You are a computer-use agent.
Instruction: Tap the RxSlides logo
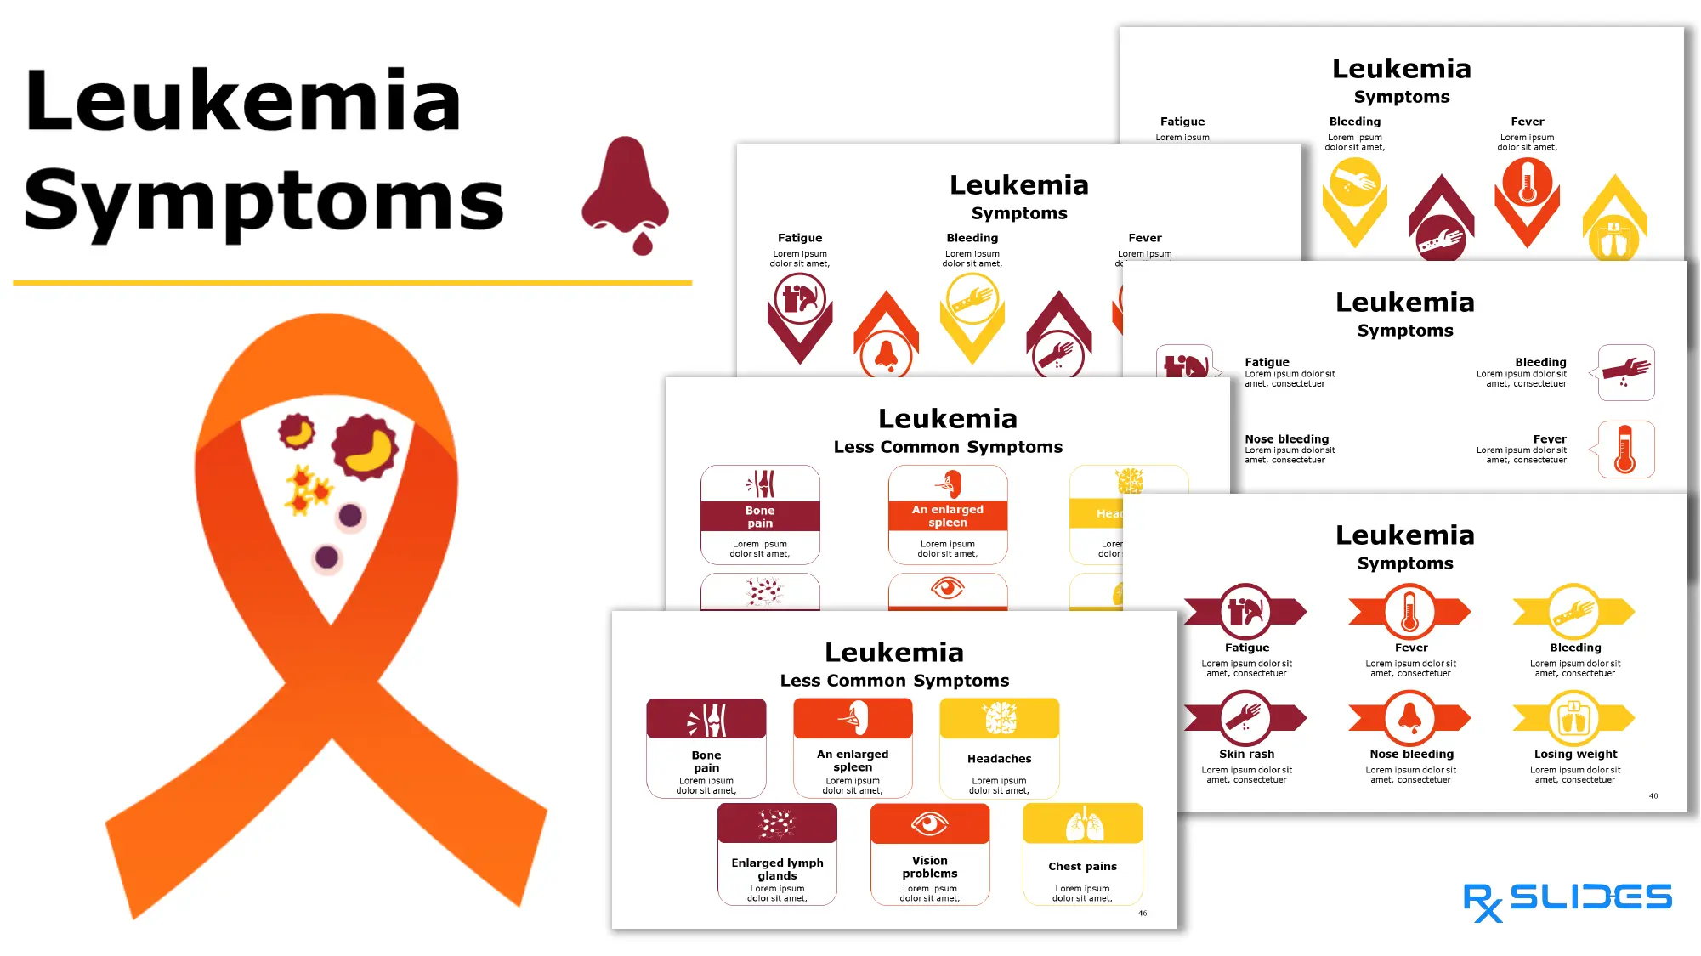[1567, 900]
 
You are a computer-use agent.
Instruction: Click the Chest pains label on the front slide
[1082, 866]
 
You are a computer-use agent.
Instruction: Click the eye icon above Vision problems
[929, 823]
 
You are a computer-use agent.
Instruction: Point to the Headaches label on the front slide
[999, 758]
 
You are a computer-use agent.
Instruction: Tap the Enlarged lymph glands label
[777, 868]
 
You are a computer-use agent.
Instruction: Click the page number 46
[1143, 913]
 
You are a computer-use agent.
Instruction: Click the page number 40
[1653, 795]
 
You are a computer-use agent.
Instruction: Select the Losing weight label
[1575, 754]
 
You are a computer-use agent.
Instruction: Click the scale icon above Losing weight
[1573, 718]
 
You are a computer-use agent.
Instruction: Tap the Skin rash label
[1246, 754]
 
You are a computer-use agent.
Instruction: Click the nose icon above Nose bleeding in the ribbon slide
[1410, 717]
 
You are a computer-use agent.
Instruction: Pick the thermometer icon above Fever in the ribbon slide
[1410, 611]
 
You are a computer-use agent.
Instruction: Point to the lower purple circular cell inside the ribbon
[326, 557]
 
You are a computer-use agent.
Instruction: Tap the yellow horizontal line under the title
[352, 282]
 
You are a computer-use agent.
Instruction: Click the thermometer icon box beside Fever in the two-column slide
[1625, 450]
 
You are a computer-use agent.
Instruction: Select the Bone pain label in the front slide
[706, 761]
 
